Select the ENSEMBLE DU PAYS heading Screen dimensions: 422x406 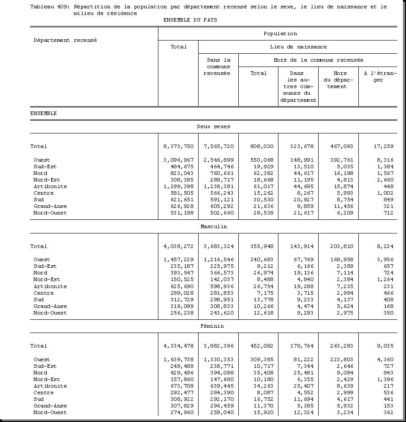click(x=190, y=20)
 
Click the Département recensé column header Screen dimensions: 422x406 click(x=65, y=40)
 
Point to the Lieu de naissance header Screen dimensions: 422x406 click(x=298, y=47)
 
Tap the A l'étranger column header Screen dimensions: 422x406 click(x=380, y=77)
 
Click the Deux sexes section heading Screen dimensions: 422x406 click(x=214, y=126)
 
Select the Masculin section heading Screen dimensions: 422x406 click(x=214, y=226)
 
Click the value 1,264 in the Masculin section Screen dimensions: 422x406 click(x=385, y=279)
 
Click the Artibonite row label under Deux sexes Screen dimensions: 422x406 click(x=50, y=186)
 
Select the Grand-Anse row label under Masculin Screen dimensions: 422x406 click(x=50, y=306)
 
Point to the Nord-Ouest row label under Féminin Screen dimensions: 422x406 click(x=50, y=412)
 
